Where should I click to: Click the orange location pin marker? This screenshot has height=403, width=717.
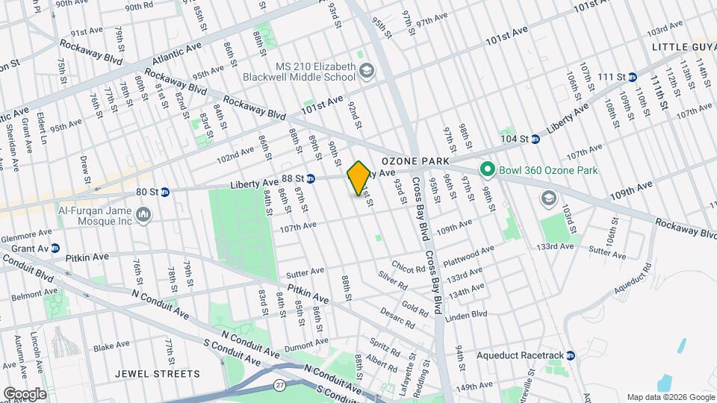click(x=358, y=178)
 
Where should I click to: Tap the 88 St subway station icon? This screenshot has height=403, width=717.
click(x=311, y=178)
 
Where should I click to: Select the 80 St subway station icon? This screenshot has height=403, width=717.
click(x=165, y=192)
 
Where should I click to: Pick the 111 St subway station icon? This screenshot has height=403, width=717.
click(x=632, y=77)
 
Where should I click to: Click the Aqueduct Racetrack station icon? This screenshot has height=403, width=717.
click(x=571, y=355)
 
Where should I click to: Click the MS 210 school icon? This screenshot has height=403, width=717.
click(x=367, y=72)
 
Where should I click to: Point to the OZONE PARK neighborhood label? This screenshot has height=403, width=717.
click(x=415, y=161)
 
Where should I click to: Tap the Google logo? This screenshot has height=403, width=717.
click(x=24, y=394)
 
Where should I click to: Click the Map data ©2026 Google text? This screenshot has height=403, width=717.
click(x=670, y=396)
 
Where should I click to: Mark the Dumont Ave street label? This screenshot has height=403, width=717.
click(x=306, y=344)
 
